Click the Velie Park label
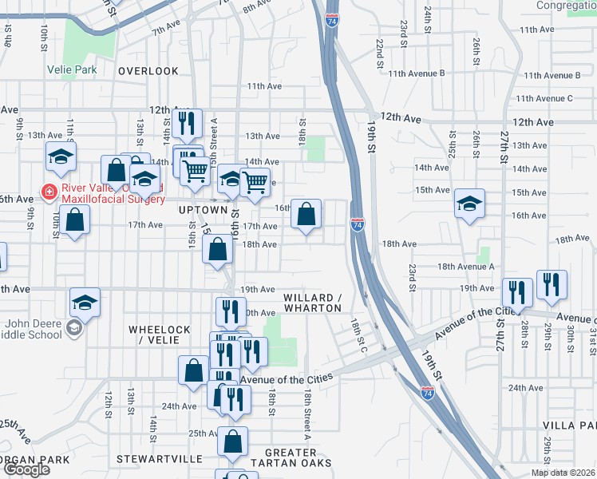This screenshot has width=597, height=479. pyautogui.click(x=83, y=69)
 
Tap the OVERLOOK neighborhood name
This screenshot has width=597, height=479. pyautogui.click(x=148, y=71)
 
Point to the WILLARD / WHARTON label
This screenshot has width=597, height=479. pyautogui.click(x=313, y=303)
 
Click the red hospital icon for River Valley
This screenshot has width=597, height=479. pyautogui.click(x=49, y=192)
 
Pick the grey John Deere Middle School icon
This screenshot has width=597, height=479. pyautogui.click(x=73, y=327)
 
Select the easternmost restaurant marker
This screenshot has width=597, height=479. pyautogui.click(x=552, y=285)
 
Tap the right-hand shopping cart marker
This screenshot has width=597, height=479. pyautogui.click(x=255, y=181)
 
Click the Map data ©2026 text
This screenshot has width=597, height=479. pyautogui.click(x=563, y=473)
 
